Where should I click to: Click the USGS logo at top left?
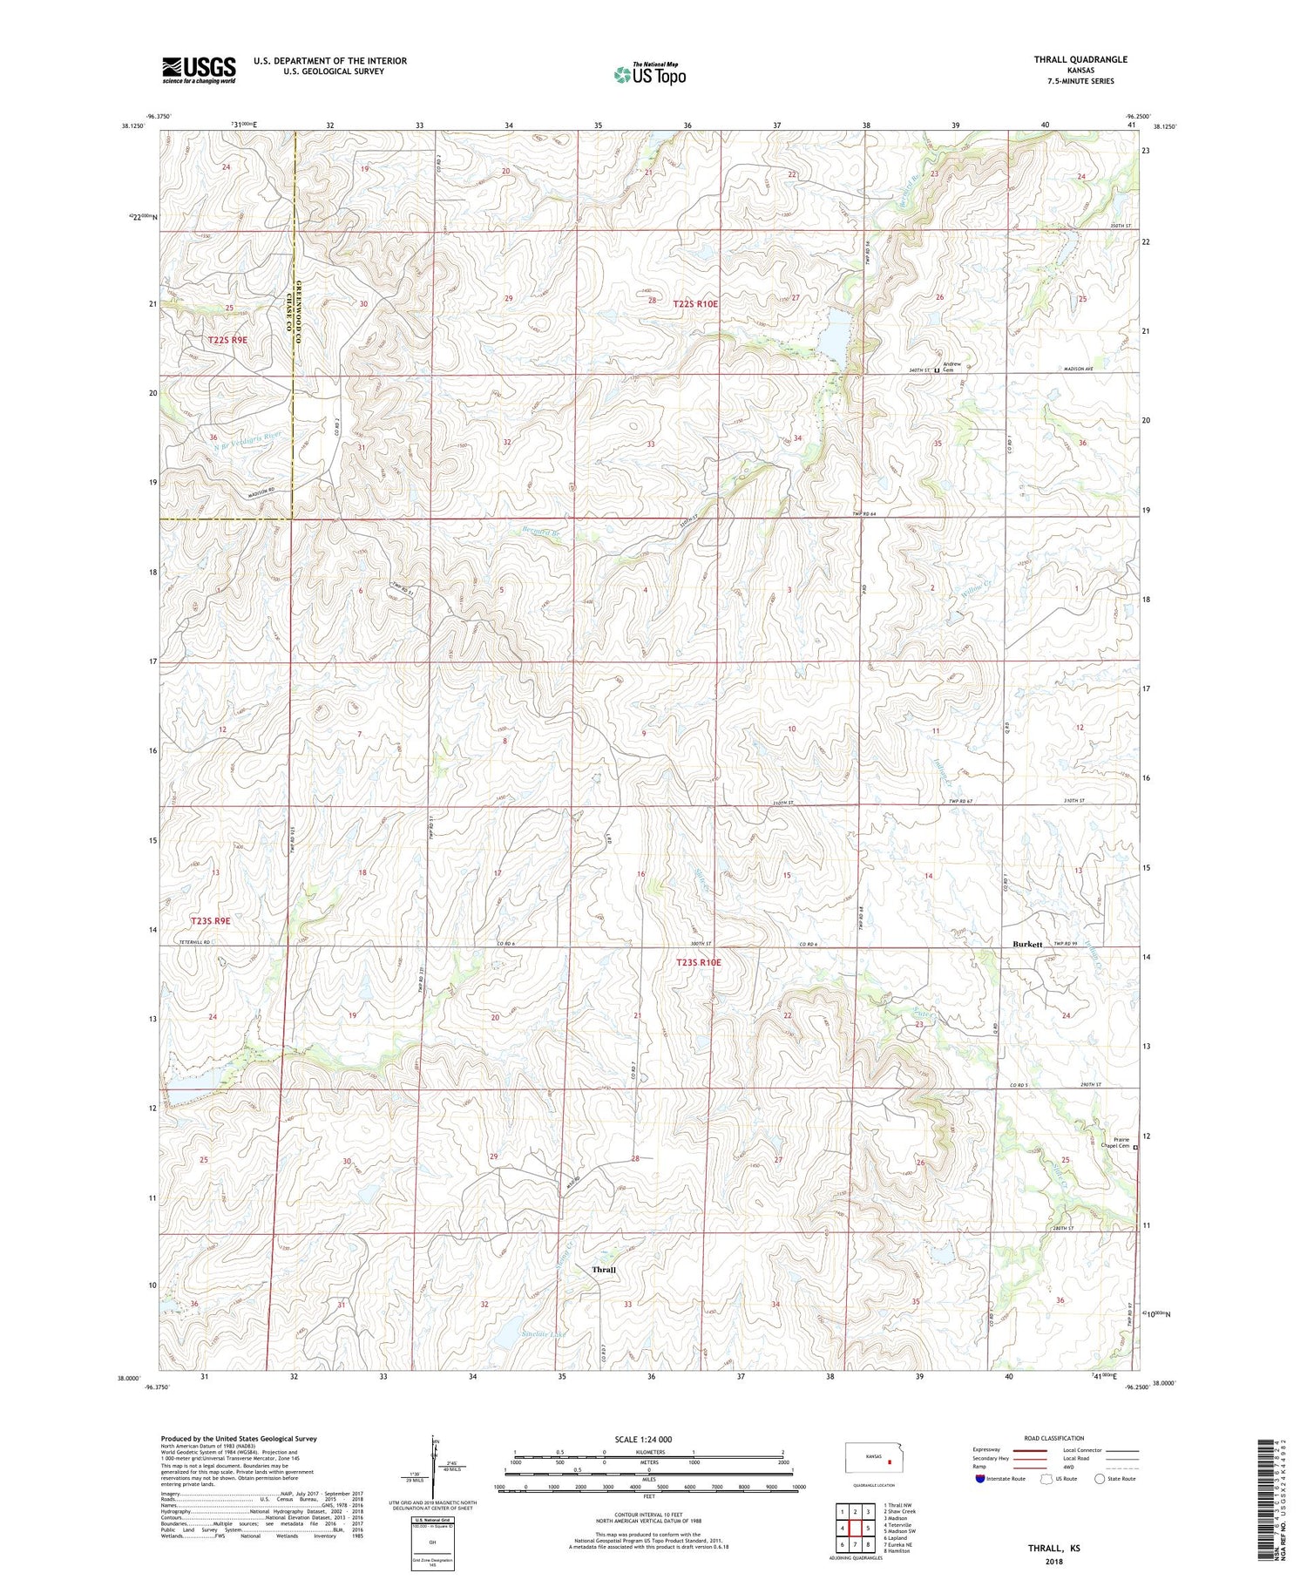coord(199,70)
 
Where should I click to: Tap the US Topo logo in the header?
coord(649,74)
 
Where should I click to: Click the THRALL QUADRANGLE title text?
coord(1080,59)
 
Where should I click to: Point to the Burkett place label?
coord(1027,944)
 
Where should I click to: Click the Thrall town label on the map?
coord(604,1270)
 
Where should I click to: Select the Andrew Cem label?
coord(951,367)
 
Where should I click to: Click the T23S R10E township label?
coord(699,962)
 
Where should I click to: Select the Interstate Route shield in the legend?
coord(979,1479)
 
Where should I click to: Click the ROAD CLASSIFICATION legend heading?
coord(1053,1438)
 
